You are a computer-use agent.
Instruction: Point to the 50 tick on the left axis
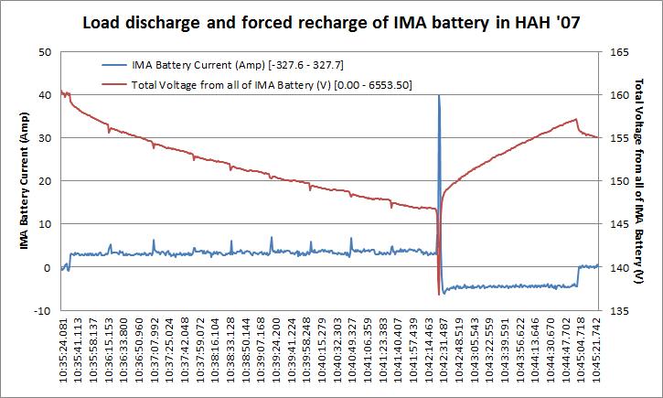tap(45, 52)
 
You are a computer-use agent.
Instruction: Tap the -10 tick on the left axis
tap(42, 311)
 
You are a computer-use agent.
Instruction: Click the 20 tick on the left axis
tap(45, 181)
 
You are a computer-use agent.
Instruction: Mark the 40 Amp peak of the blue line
tap(439, 95)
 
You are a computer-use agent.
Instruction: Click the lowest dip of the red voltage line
tap(439, 291)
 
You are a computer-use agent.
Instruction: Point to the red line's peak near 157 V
tap(575, 119)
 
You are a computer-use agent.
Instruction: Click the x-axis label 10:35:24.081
tap(63, 356)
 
